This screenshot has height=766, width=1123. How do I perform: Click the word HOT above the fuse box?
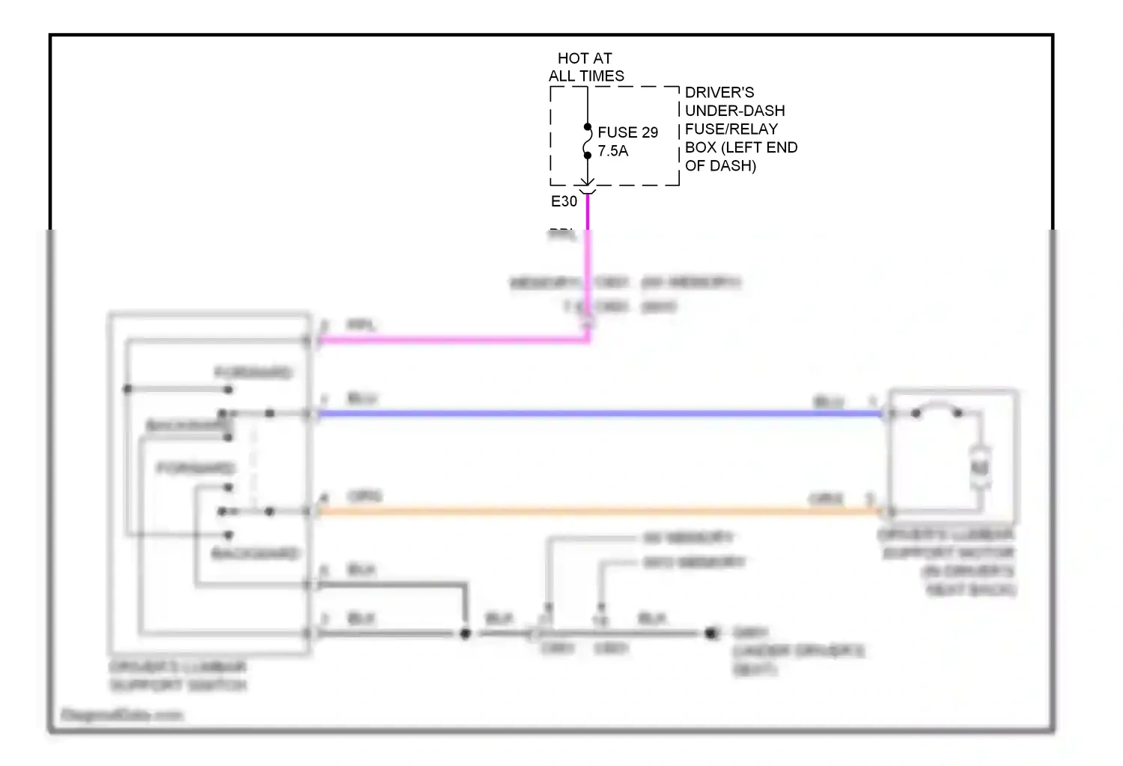(x=573, y=58)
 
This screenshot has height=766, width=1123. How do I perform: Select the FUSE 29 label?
(x=627, y=132)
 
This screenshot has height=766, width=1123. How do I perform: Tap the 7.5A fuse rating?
(x=612, y=151)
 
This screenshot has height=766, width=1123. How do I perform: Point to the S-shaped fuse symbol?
(x=587, y=141)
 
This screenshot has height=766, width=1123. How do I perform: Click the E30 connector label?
(x=564, y=201)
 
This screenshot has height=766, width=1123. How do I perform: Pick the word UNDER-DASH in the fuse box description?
(x=734, y=111)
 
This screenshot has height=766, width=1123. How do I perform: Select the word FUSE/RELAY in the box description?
(x=731, y=129)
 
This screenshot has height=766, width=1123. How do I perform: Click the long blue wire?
(x=599, y=414)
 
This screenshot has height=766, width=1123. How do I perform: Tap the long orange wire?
(x=599, y=512)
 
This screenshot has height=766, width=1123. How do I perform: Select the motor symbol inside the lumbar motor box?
(x=980, y=468)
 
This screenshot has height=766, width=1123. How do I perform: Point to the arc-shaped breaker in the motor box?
(x=937, y=409)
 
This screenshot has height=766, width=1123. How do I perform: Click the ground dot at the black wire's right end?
(x=710, y=634)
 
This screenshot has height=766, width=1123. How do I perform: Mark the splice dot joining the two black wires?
(x=465, y=634)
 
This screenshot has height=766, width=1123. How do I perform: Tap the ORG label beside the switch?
(x=365, y=497)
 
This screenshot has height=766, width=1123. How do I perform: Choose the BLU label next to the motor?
(x=828, y=402)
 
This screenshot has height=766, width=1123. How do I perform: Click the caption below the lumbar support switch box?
(x=177, y=676)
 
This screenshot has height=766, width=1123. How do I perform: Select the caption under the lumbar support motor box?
(x=947, y=562)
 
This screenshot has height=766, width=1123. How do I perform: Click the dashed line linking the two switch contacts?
(x=253, y=462)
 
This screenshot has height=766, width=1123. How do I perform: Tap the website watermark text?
(x=121, y=715)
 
